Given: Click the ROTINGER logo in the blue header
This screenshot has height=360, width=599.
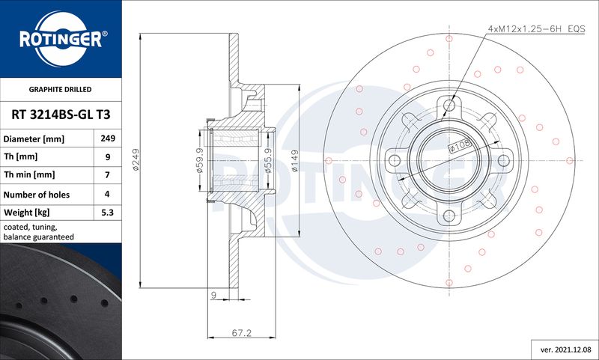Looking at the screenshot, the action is (x=61, y=39).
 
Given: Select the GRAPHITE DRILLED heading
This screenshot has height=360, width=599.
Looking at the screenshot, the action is (x=61, y=90).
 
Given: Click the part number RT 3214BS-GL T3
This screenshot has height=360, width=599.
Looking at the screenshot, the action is (x=61, y=115).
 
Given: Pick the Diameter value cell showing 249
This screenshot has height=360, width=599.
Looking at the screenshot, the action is (x=108, y=138).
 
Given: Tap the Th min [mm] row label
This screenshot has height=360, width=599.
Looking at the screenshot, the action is (x=29, y=175).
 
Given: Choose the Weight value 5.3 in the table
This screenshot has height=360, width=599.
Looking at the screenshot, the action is (x=107, y=213).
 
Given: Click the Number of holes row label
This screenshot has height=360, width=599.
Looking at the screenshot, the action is (x=37, y=195).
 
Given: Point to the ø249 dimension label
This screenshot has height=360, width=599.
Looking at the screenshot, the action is (x=136, y=159).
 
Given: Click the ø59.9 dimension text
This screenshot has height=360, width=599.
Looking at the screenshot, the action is (x=199, y=160).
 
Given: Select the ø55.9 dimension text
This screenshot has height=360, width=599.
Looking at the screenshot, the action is (x=268, y=160).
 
